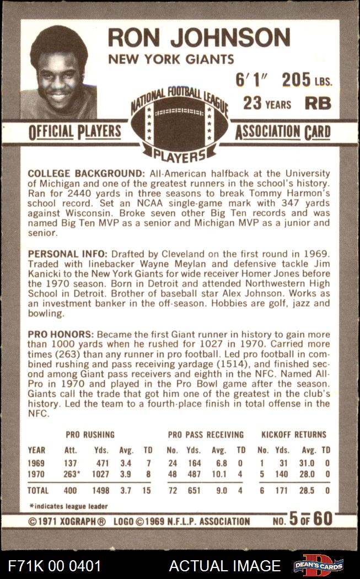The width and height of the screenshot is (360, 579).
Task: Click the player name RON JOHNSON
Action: [x=198, y=37]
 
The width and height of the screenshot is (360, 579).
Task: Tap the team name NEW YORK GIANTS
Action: [x=171, y=60]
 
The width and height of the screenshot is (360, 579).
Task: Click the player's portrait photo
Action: [x=59, y=72]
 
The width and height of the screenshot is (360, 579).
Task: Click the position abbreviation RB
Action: [x=318, y=103]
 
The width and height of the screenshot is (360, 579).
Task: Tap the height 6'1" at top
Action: [x=251, y=81]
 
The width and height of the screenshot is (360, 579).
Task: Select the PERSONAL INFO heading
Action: [x=68, y=254]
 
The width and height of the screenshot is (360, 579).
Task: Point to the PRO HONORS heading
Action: [x=60, y=335]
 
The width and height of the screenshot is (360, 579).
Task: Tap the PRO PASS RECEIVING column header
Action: [x=206, y=435]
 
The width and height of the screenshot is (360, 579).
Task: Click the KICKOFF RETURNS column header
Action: [x=294, y=435]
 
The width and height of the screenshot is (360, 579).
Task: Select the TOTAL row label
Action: [x=38, y=490]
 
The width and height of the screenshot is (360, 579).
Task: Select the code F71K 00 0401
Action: [x=55, y=566]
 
